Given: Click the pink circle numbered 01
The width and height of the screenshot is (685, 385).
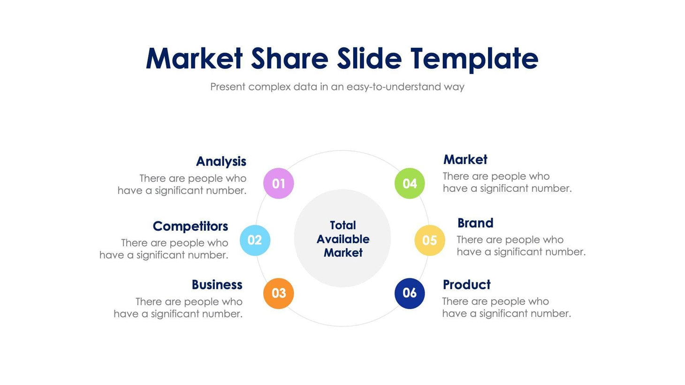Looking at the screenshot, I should (279, 183).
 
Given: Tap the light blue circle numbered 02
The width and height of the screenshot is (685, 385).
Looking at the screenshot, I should (255, 240).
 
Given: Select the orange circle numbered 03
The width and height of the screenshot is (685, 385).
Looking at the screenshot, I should (279, 293).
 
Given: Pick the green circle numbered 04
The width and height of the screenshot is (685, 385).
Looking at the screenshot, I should (410, 183).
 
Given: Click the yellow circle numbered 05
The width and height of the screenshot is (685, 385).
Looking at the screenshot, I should (429, 241).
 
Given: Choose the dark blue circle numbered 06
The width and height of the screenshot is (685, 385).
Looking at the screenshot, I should (410, 293).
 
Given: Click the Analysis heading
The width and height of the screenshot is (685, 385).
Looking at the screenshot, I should (221, 161).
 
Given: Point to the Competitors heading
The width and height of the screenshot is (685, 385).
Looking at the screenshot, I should (190, 226).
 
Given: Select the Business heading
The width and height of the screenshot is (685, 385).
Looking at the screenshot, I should (217, 285).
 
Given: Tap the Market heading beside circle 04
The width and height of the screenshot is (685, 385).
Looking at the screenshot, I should (465, 159).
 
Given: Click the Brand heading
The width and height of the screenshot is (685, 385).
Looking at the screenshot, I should (475, 223).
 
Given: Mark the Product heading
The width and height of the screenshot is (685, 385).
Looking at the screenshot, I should (466, 285).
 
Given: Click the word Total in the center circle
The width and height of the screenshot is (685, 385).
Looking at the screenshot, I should (342, 225).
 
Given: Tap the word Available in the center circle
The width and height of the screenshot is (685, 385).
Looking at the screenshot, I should (342, 239).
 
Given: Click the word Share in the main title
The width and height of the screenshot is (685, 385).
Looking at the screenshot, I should (289, 59).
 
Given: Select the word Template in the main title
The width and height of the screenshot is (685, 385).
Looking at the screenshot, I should (474, 59).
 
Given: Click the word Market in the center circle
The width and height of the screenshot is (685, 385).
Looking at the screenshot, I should (342, 253).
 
